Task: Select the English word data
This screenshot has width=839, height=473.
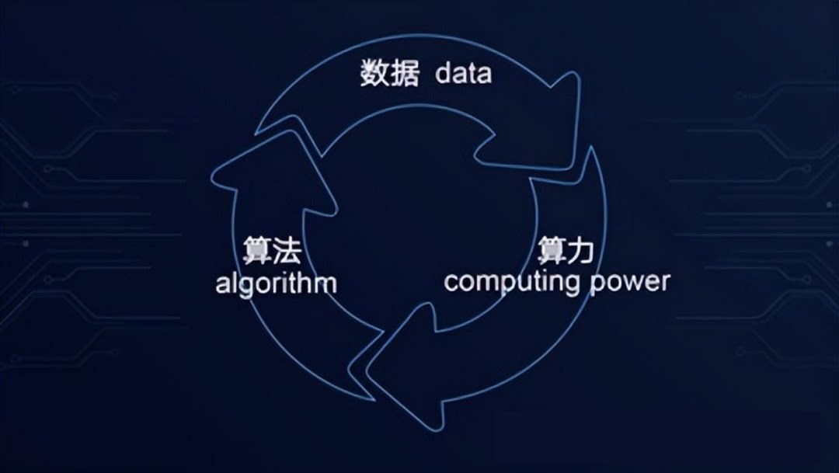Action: [x=463, y=74]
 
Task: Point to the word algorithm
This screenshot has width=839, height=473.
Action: [x=276, y=283]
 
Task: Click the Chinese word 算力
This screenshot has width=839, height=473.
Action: [x=566, y=251]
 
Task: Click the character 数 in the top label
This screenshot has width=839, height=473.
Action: [x=375, y=74]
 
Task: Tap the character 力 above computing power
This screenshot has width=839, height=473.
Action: [x=580, y=251]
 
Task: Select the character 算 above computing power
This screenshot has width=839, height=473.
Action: [x=551, y=251]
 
